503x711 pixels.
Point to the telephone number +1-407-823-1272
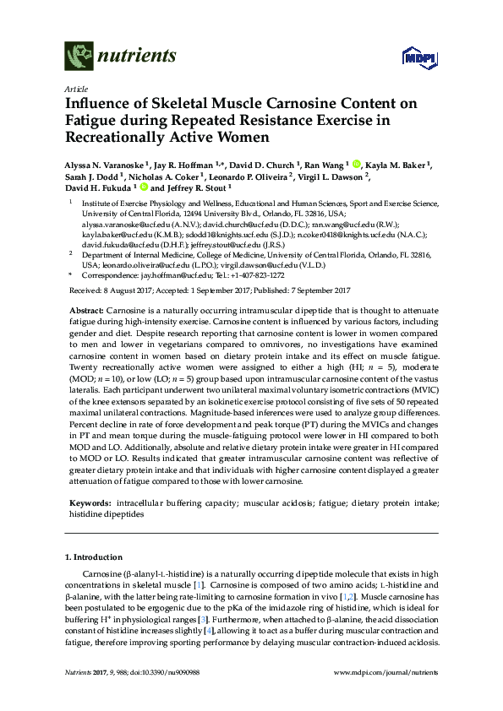[x=259, y=274]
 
